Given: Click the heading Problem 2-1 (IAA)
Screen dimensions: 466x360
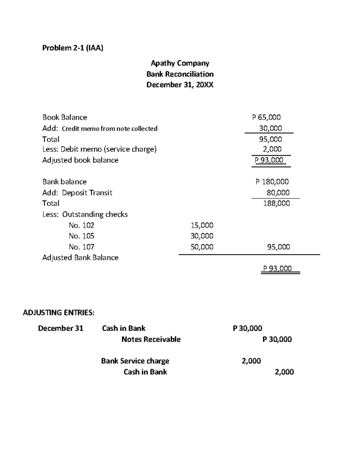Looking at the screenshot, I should [73, 48].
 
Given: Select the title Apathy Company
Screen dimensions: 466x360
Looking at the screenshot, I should [180, 63].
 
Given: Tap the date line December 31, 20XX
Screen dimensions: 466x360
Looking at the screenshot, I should [180, 85].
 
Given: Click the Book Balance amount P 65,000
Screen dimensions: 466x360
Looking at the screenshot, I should [266, 117].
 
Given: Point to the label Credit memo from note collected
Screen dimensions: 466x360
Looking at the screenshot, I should [109, 129].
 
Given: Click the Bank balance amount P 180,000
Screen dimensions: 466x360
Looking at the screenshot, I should [272, 182].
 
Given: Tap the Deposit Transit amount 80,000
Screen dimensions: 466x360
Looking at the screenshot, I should [278, 193].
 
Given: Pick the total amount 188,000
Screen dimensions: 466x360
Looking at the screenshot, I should [276, 203].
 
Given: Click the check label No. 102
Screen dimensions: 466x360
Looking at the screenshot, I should [81, 225].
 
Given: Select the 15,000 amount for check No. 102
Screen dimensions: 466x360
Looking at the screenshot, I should [202, 225].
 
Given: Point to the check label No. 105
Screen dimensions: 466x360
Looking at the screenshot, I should [81, 236].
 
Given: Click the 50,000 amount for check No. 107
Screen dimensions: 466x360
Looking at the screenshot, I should [202, 247].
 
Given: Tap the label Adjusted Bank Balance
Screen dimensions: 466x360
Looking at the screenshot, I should [80, 258].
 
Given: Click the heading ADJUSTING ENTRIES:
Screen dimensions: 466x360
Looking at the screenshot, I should [58, 313].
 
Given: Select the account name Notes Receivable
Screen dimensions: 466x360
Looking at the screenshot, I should [151, 339].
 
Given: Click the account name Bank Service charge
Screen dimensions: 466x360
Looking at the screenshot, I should [135, 361].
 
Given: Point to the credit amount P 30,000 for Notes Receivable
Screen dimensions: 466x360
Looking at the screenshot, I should [277, 339].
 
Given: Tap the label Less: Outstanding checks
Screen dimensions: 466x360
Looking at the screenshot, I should [85, 214].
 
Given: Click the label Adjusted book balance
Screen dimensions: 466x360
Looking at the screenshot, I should [80, 160].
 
